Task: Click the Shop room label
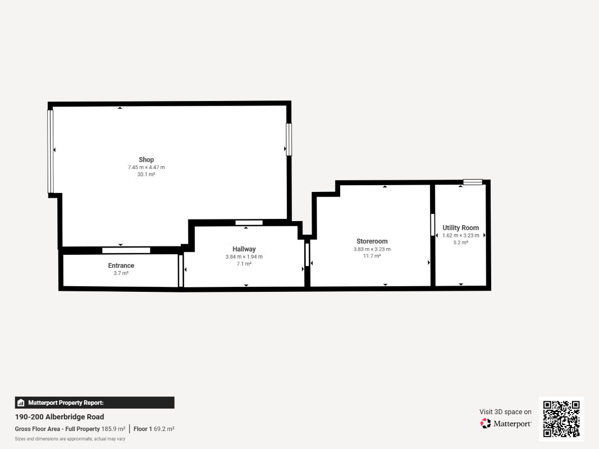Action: coord(147,159)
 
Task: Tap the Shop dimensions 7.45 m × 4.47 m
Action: coord(147,167)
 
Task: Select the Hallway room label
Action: coord(244,249)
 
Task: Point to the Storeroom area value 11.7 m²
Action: coord(372,256)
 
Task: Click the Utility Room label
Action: coord(460,227)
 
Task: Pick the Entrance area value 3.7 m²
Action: coord(121,273)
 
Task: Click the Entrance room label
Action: coord(121,265)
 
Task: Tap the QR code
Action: coord(561,419)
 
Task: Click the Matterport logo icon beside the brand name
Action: coord(485,423)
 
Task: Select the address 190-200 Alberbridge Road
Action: coord(59,417)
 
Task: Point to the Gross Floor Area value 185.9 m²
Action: coord(113,429)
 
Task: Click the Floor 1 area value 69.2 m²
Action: coord(164,429)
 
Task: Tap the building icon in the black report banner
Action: coord(21,403)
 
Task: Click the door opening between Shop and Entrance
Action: coord(126,250)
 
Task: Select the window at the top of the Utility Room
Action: coord(473,182)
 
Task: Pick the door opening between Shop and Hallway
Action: coord(249,223)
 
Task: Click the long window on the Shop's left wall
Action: coord(51,152)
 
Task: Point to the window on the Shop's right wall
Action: coord(289,139)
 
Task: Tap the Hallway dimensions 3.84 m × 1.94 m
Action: coord(244,257)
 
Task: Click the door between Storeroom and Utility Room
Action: coord(432,224)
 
